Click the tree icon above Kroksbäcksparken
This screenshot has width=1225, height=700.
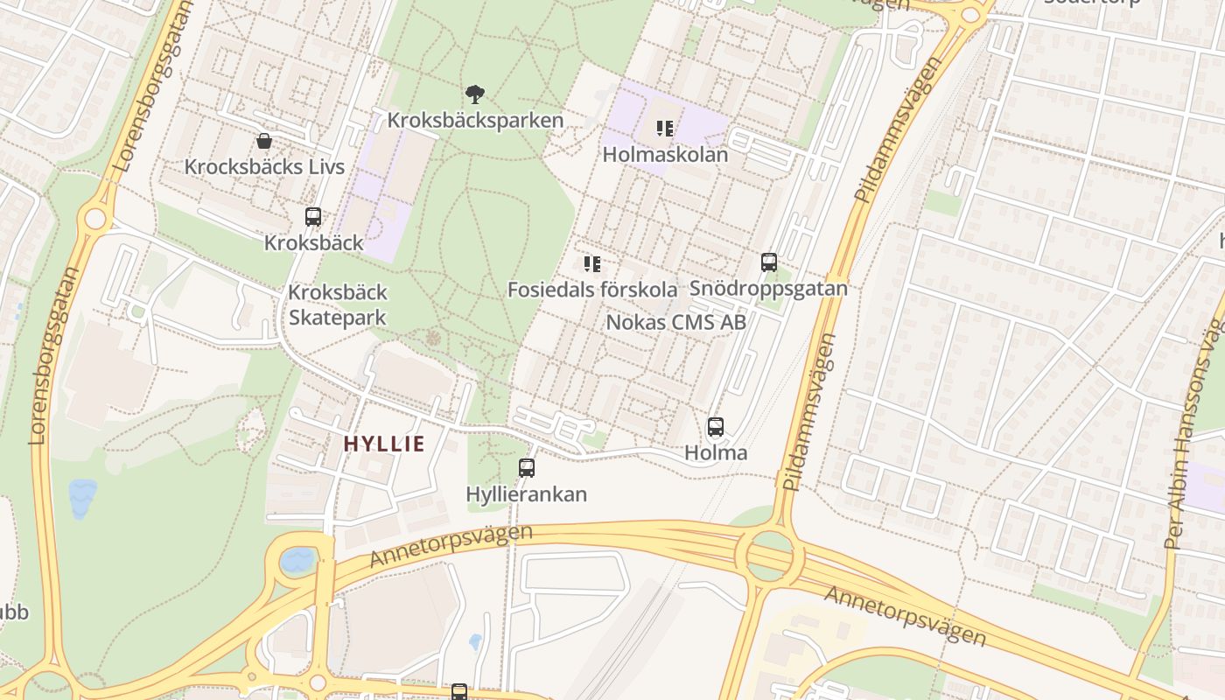pyautogui.click(x=475, y=94)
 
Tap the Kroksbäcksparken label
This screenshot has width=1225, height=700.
pyautogui.click(x=475, y=120)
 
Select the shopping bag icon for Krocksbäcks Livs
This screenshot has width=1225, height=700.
pyautogui.click(x=263, y=141)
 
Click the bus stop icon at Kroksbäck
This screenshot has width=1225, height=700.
pyautogui.click(x=312, y=217)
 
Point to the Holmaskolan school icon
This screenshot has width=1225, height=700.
pyautogui.click(x=665, y=129)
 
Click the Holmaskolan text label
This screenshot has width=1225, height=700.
pyautogui.click(x=665, y=155)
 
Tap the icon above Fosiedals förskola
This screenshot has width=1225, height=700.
pyautogui.click(x=592, y=263)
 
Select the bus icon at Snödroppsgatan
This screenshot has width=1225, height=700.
pyautogui.click(x=768, y=262)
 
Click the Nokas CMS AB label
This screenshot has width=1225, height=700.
pyautogui.click(x=675, y=322)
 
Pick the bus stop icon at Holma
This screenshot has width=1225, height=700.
pyautogui.click(x=715, y=427)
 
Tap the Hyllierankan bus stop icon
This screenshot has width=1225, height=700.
pyautogui.click(x=526, y=468)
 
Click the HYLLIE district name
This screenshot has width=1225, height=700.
pyautogui.click(x=384, y=444)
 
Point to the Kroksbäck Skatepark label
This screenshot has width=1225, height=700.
pyautogui.click(x=338, y=304)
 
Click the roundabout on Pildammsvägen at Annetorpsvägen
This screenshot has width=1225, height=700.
pyautogui.click(x=769, y=556)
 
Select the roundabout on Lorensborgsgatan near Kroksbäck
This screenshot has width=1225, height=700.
pyautogui.click(x=94, y=218)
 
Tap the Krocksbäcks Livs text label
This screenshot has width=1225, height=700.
pyautogui.click(x=264, y=166)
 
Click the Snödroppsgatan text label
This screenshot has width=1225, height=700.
pyautogui.click(x=768, y=288)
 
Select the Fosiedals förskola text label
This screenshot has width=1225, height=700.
pyautogui.click(x=592, y=290)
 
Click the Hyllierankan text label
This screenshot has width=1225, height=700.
pyautogui.click(x=526, y=494)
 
